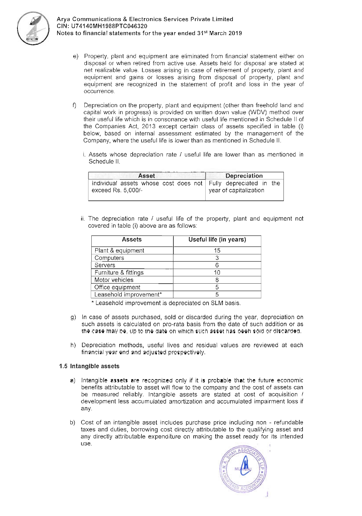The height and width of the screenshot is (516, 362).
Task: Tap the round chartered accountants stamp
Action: tap(243, 470)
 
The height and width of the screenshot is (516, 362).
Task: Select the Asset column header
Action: tap(146, 176)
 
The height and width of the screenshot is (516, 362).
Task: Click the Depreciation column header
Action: tap(244, 176)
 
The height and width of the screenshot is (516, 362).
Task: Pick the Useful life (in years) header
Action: tap(217, 240)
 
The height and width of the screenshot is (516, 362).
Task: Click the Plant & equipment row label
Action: tap(119, 251)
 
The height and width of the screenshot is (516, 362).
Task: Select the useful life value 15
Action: tap(217, 251)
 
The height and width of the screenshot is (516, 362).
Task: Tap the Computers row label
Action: tap(109, 258)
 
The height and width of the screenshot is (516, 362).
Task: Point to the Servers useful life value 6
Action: tap(217, 265)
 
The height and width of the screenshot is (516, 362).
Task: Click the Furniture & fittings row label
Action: tap(119, 272)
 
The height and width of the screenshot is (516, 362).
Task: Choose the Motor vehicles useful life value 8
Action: tap(217, 280)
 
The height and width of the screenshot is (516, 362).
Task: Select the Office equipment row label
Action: tap(117, 287)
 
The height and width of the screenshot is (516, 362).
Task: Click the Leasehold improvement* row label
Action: tap(128, 294)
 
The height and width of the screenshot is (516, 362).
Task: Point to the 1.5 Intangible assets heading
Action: tap(89, 366)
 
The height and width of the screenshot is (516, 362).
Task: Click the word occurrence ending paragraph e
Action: tap(99, 91)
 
